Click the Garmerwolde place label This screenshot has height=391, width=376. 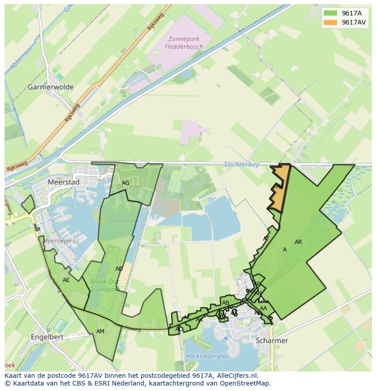click(x=50, y=87)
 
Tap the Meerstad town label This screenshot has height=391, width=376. click(x=63, y=182)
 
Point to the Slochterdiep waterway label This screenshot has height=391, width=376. click(x=242, y=164)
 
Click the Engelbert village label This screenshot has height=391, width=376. click(x=47, y=337)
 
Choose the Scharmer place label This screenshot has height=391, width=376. click(x=272, y=341)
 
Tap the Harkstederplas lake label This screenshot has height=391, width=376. click(x=207, y=356)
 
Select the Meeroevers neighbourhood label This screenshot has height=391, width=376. click(x=59, y=241)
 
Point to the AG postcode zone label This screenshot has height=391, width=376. click(x=126, y=183)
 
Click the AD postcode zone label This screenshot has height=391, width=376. click(x=119, y=269)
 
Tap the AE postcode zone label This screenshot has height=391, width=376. click(x=66, y=280)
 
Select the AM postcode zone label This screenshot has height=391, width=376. click(x=100, y=332)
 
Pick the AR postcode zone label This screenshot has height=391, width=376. click(x=298, y=242)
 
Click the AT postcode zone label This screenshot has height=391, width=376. click(x=266, y=239)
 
